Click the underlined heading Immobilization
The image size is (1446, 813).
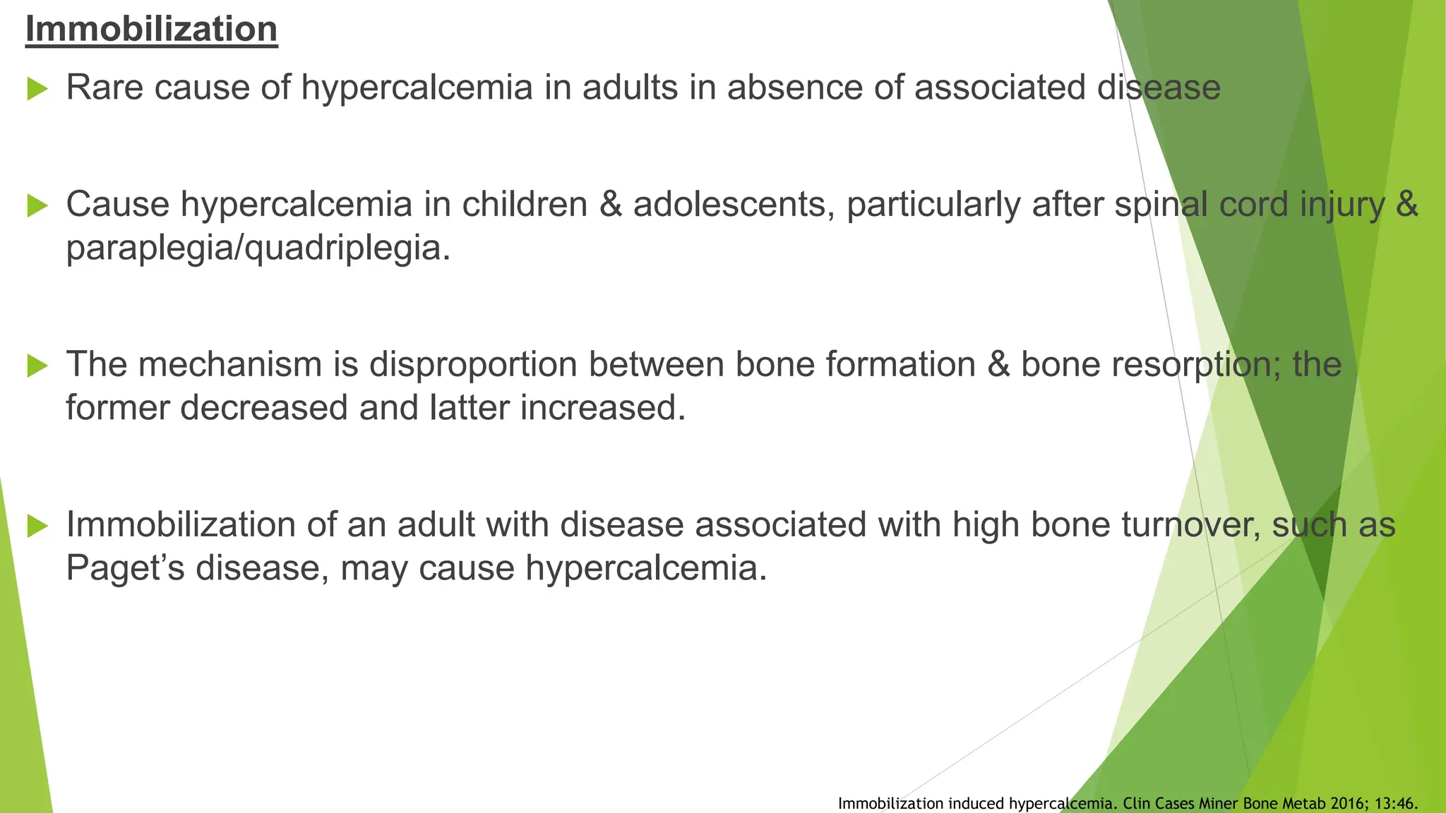(x=151, y=30)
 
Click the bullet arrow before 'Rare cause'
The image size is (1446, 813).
(x=37, y=90)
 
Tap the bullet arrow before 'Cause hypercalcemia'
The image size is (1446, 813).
(x=37, y=206)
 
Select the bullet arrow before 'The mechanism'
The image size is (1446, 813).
(x=37, y=366)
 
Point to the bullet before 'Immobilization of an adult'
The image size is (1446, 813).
(x=37, y=526)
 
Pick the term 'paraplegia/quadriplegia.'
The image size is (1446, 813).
(x=258, y=248)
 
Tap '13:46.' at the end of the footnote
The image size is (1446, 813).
(x=1397, y=804)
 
